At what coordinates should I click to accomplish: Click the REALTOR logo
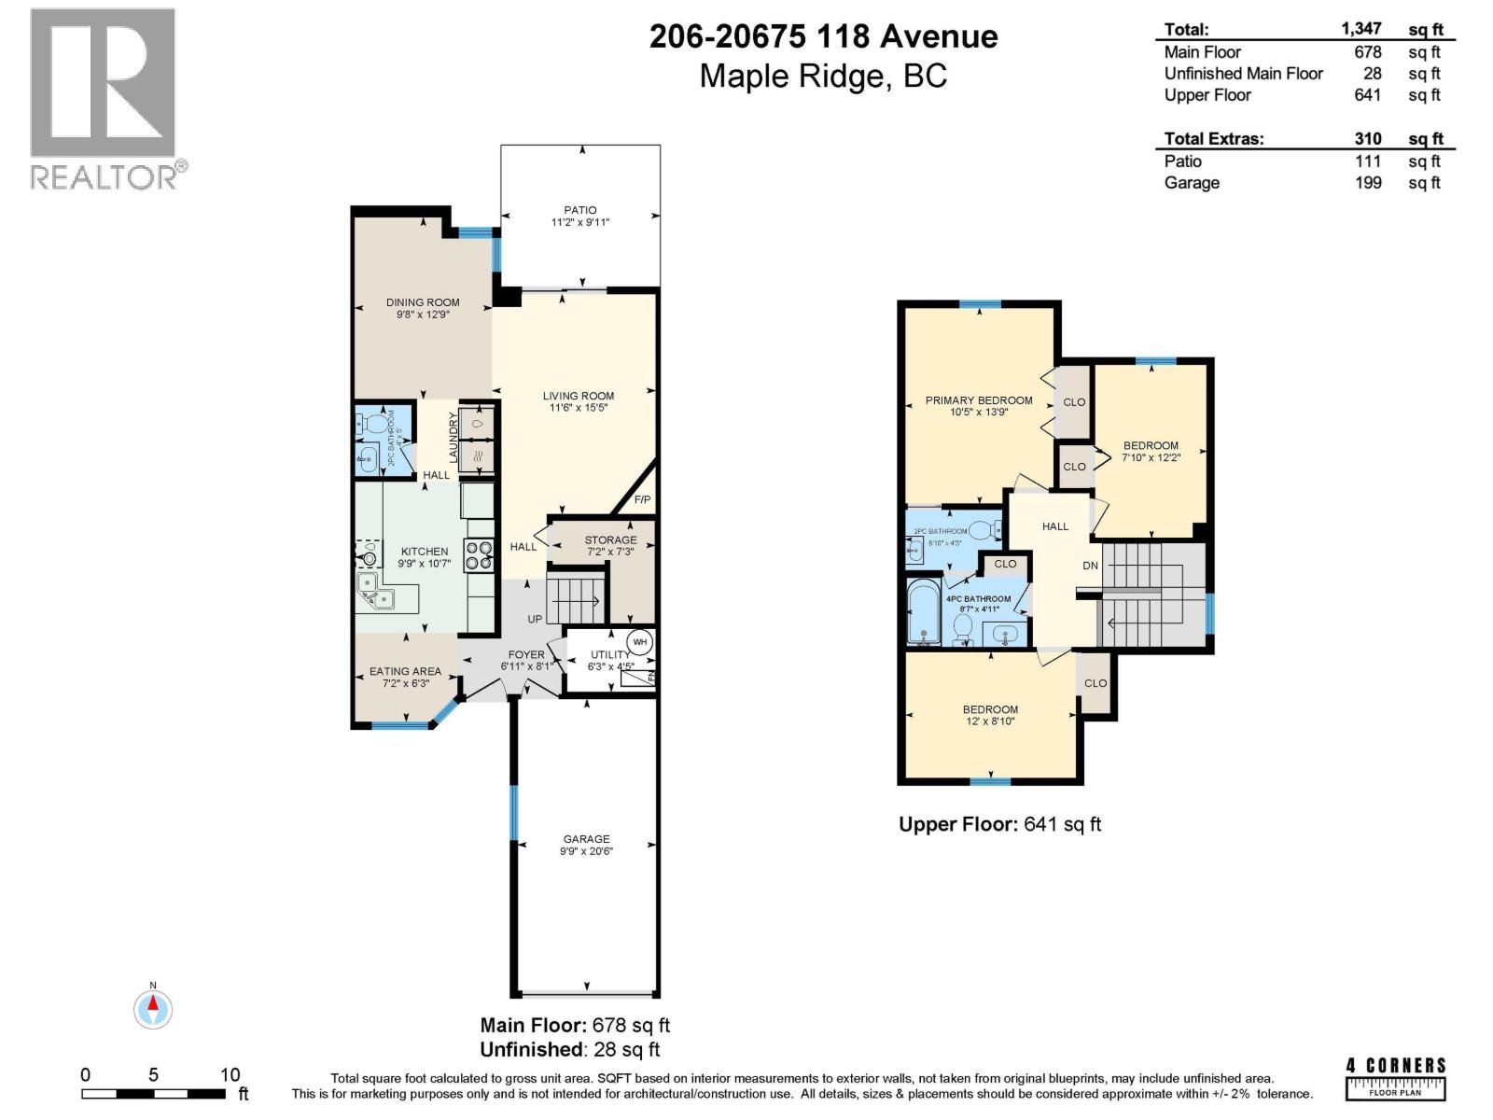104,99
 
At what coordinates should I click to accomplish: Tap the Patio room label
579,210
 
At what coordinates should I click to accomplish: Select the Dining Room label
423,302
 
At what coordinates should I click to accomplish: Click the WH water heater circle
640,642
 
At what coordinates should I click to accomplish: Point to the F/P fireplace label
642,500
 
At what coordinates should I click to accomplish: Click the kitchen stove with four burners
480,555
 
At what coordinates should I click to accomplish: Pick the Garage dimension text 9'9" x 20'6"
586,851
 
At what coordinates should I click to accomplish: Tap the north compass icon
153,1009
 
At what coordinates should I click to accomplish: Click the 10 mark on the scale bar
230,1074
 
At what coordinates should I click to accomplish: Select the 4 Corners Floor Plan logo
1396,1078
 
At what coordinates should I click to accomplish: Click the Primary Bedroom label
979,400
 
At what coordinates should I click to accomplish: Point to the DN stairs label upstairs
1090,566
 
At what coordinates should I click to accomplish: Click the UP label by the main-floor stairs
535,619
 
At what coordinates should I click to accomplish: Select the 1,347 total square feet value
1361,29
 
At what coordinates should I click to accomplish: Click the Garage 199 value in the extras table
1368,183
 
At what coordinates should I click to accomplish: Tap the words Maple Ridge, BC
823,76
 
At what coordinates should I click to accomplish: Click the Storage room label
610,539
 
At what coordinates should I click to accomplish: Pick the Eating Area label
405,671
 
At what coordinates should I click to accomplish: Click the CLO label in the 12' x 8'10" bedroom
1095,683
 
